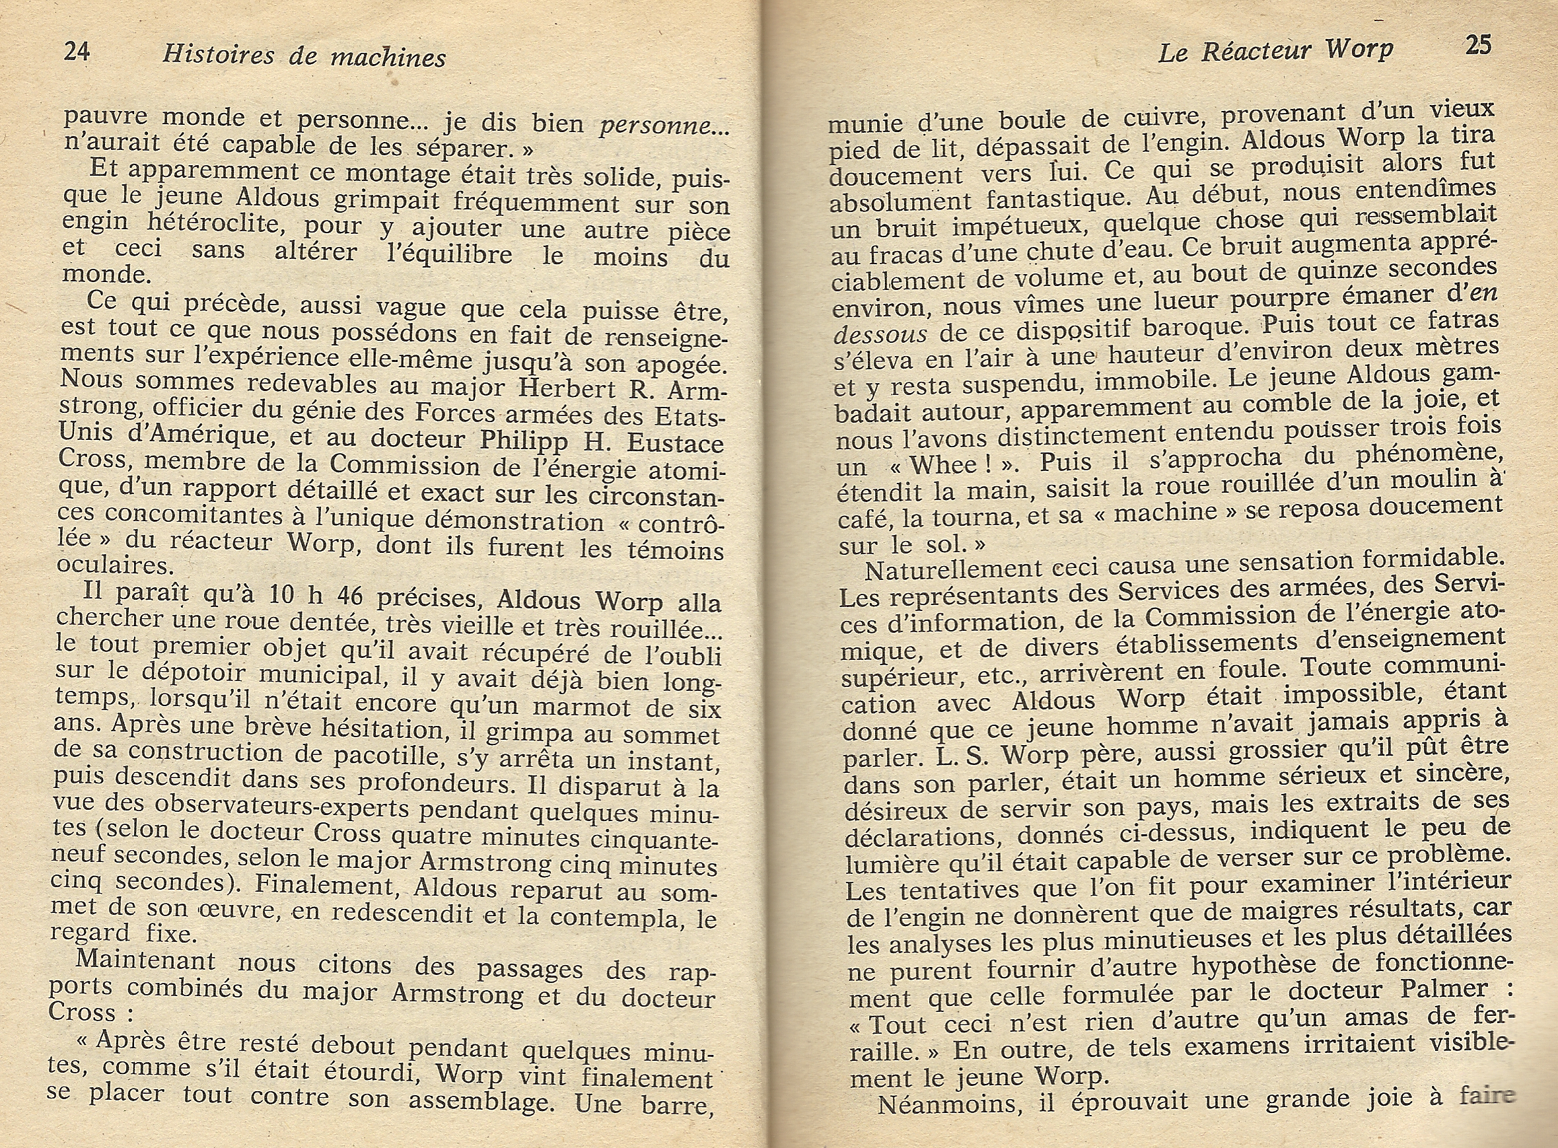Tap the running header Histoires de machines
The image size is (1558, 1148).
[304, 55]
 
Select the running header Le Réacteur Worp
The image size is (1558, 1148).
[1275, 51]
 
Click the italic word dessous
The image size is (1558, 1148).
[880, 335]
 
